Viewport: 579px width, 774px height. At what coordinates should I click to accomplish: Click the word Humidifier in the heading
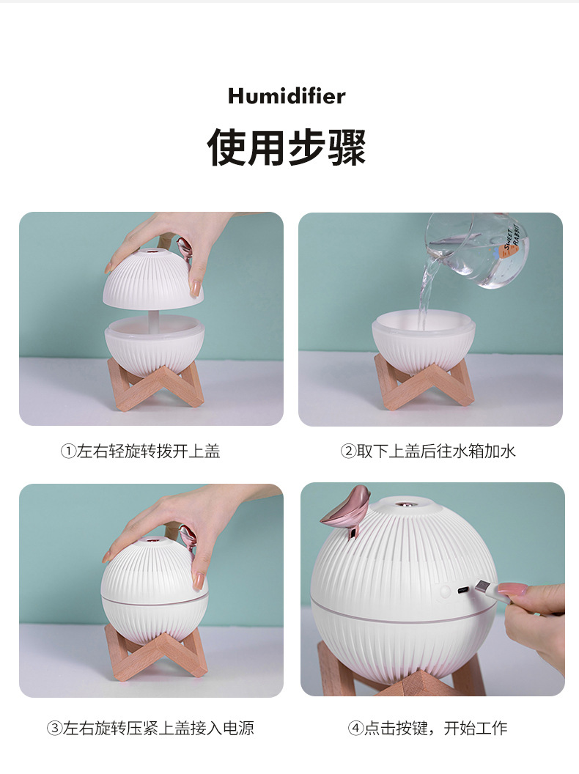click(287, 95)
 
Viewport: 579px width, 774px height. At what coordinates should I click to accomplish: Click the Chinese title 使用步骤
click(287, 147)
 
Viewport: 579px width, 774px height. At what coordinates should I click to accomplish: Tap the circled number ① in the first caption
click(67, 451)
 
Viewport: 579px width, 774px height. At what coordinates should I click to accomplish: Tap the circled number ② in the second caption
click(348, 451)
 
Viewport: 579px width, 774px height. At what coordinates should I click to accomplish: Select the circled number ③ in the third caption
click(54, 729)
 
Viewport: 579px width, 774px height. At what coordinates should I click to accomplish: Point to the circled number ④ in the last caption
click(355, 729)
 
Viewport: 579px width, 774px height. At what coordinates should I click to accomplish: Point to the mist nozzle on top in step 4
click(402, 504)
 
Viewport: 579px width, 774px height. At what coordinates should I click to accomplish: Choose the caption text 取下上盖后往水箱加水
click(437, 451)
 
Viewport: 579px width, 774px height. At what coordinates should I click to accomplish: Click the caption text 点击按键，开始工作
click(435, 729)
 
